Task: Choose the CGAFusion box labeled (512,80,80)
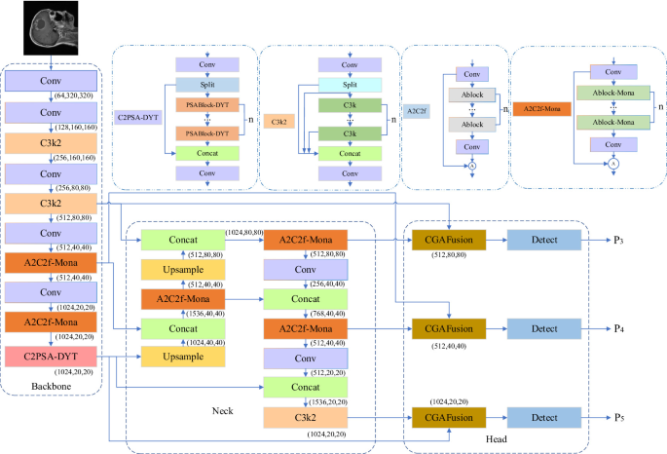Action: [x=447, y=240]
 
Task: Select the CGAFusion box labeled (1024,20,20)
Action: [x=447, y=416]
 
